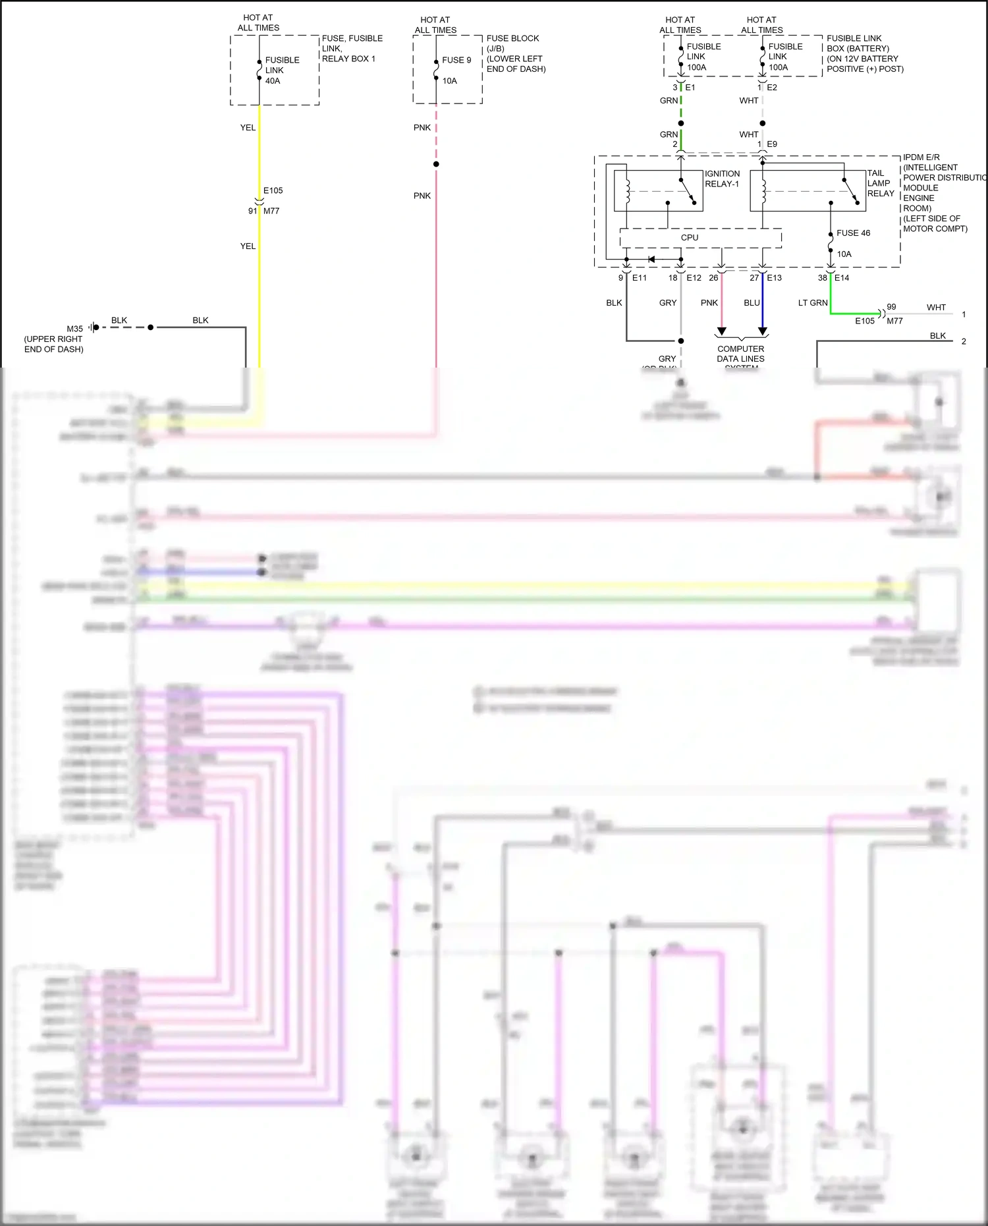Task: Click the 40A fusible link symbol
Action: coord(259,70)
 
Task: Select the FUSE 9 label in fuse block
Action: coord(456,60)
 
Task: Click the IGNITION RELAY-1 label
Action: coord(722,179)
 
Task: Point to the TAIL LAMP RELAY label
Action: coord(880,183)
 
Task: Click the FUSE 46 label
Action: coord(853,233)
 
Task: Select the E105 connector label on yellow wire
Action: coord(273,190)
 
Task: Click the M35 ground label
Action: coord(74,329)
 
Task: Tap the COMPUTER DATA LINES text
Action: coord(740,354)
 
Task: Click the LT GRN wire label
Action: coord(812,303)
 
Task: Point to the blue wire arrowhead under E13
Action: coord(763,331)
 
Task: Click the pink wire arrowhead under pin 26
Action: coord(721,331)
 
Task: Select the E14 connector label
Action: coord(842,278)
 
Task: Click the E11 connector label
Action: coord(639,278)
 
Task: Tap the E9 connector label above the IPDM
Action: coord(772,144)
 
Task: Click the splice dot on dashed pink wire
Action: coord(436,164)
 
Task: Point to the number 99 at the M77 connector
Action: coord(891,307)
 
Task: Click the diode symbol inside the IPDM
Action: coord(651,259)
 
